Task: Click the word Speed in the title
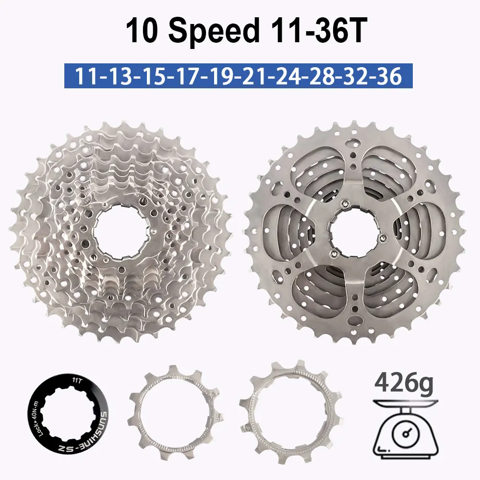(x=216, y=32)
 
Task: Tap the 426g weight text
(x=404, y=384)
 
